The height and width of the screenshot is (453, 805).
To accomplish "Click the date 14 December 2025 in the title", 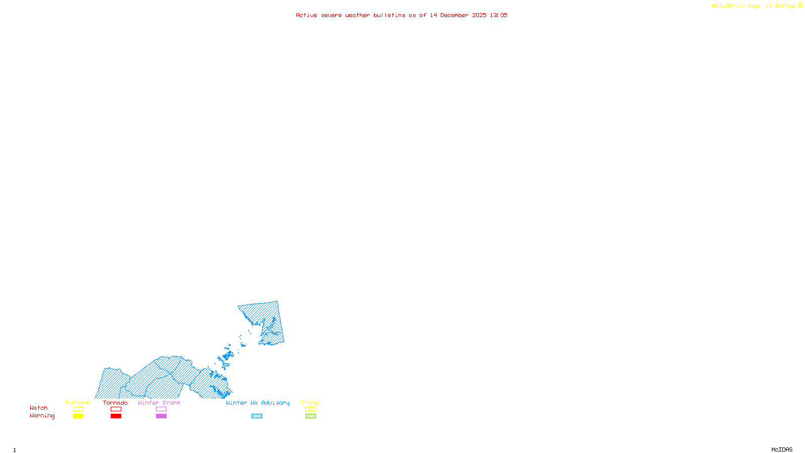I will point(458,15).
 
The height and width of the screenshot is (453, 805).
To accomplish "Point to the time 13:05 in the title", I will point(499,15).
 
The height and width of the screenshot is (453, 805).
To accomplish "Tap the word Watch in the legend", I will point(39,408).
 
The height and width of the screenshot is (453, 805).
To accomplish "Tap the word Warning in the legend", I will point(42,416).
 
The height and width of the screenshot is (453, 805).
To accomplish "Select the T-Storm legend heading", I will point(77,403).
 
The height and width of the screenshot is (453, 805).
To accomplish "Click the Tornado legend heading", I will point(115,403).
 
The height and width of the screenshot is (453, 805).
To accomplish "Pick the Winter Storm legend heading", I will point(159,403).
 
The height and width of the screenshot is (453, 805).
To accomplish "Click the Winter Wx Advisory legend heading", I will point(258,403).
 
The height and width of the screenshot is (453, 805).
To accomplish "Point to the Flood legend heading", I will point(310,403).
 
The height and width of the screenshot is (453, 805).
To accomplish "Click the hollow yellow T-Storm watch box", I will point(78,409).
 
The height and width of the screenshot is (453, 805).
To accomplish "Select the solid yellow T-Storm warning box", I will point(78,416).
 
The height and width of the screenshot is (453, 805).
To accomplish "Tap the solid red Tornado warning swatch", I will point(116,416).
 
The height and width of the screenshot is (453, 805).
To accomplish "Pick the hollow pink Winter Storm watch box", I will point(161,409).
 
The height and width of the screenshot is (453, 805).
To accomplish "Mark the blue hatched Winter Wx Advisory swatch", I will point(257,416).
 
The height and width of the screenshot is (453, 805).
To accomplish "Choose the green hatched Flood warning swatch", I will point(310,416).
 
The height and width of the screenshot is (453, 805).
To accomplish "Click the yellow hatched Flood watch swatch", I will point(310,409).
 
